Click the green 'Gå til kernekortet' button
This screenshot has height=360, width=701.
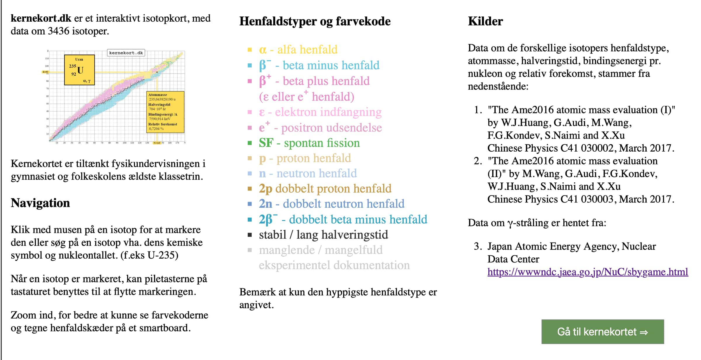pyautogui.click(x=602, y=332)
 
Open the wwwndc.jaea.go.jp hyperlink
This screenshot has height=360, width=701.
pyautogui.click(x=587, y=272)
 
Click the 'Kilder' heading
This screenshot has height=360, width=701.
pyautogui.click(x=485, y=21)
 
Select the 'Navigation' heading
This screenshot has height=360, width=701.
pyautogui.click(x=40, y=203)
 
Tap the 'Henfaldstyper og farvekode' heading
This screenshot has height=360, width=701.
pyautogui.click(x=315, y=21)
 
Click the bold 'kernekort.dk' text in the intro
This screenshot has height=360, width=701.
pyautogui.click(x=41, y=18)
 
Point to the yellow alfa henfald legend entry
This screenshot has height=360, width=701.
pyautogui.click(x=298, y=49)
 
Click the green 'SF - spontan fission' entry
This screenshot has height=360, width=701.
pyautogui.click(x=309, y=143)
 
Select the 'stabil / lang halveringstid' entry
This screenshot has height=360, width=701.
pyautogui.click(x=323, y=235)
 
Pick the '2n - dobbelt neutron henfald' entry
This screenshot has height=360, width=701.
pyautogui.click(x=332, y=204)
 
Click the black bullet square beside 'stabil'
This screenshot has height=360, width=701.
pyautogui.click(x=250, y=235)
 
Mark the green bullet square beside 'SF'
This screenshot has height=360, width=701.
pyautogui.click(x=250, y=143)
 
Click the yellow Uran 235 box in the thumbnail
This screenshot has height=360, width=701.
pyautogui.click(x=79, y=70)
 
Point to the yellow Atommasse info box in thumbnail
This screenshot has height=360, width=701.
pyautogui.click(x=165, y=112)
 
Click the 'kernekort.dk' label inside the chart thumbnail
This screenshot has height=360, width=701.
pyautogui.click(x=126, y=53)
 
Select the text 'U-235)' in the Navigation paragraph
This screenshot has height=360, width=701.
pyautogui.click(x=163, y=255)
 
